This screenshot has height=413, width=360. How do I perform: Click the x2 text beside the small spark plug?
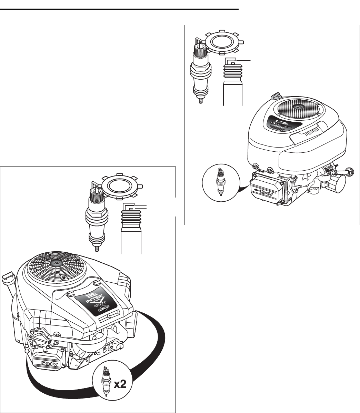pos(120,385)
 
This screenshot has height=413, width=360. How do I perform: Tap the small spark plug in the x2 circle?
pos(106,385)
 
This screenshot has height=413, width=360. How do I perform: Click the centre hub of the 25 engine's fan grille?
pos(54,262)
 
